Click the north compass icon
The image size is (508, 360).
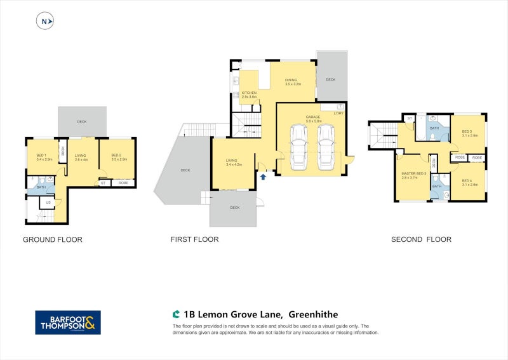click(45, 22)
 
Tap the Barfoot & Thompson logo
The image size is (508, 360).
click(67, 322)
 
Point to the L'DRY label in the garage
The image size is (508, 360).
click(339, 113)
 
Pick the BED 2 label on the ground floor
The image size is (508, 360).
click(116, 156)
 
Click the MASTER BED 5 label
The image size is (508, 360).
click(413, 175)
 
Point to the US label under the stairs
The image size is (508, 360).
click(48, 203)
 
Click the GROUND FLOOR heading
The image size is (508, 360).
click(53, 240)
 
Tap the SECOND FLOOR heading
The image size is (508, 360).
click(421, 240)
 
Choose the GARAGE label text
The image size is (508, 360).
click(312, 117)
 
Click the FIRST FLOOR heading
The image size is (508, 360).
click(194, 240)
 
